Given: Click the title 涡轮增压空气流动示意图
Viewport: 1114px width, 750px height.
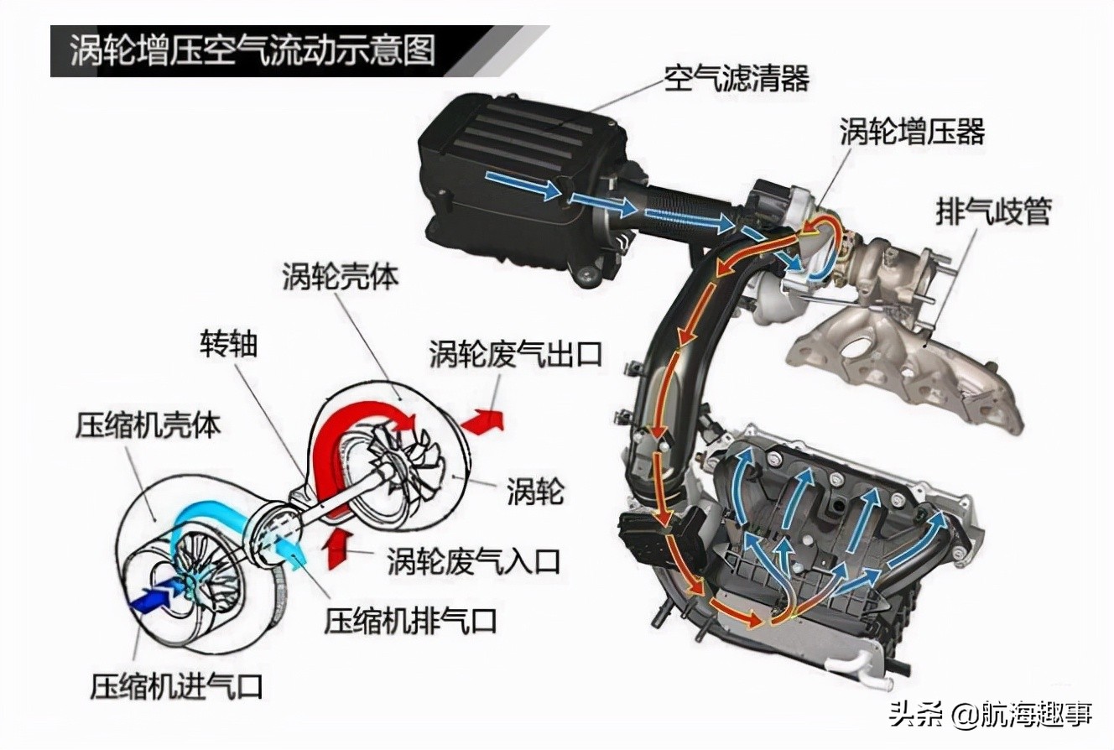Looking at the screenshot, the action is [252, 50].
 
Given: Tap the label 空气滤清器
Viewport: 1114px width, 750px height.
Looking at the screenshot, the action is [737, 78].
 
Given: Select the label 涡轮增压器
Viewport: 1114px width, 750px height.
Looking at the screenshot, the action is [912, 132].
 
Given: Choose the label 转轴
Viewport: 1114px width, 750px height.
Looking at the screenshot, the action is [229, 344].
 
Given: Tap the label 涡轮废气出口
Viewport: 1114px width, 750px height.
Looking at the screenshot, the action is [516, 354].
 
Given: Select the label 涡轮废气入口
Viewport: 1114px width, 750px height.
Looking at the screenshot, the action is [474, 560].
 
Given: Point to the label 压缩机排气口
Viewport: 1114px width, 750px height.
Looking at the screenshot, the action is [410, 620].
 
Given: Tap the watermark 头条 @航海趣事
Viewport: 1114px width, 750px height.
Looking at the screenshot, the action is [991, 714].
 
